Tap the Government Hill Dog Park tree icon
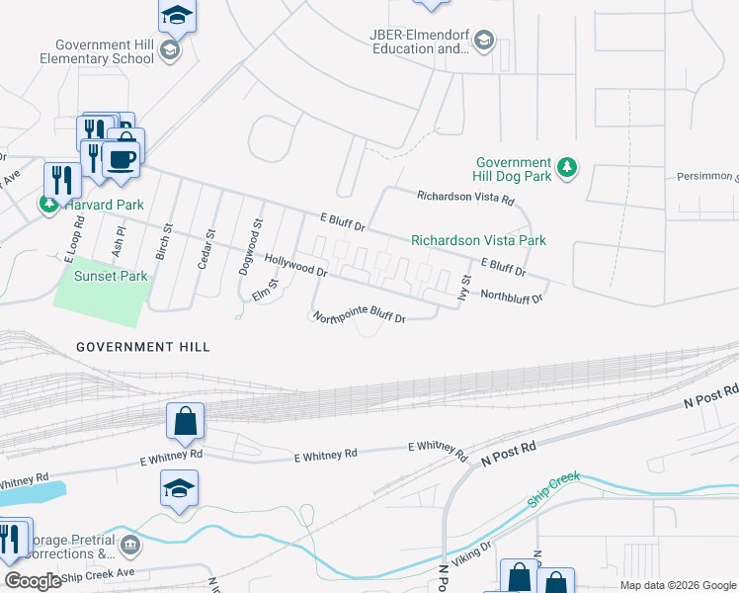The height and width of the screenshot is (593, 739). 567,169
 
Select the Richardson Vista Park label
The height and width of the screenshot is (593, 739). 478,240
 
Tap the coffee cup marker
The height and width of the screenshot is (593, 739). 122,159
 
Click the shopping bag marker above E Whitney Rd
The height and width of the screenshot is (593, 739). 185,422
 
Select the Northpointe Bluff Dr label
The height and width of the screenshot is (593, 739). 359,318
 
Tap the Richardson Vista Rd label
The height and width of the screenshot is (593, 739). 465,199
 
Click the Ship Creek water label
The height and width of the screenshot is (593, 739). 550,490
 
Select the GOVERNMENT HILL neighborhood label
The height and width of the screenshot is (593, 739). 143,347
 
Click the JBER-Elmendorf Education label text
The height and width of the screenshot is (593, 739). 419,42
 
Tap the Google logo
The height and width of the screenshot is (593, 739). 34,581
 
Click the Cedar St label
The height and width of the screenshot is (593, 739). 207,249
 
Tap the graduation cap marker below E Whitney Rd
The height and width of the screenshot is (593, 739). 179,489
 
